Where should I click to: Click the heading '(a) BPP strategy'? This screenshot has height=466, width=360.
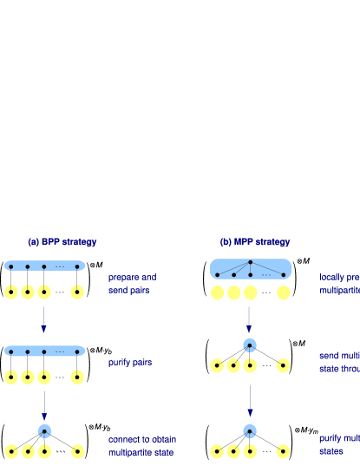pos(62,241)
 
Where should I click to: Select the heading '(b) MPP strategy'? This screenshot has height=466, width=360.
pos(255,242)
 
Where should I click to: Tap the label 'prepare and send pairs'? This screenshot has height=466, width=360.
pos(132,284)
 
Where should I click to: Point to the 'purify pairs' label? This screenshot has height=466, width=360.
pos(130,363)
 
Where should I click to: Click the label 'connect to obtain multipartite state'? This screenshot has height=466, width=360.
pos(141,446)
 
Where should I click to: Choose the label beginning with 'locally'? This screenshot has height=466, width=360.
pos(339,284)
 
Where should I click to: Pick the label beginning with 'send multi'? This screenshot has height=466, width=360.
pos(339,362)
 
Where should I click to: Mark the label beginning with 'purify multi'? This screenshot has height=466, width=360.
pos(339,444)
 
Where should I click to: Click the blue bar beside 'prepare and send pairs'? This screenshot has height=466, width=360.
pos(44,266)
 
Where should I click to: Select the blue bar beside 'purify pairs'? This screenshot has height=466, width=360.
pos(44,351)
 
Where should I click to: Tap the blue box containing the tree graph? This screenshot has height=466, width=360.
pos(251,269)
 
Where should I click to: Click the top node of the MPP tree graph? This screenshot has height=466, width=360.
pos(250,262)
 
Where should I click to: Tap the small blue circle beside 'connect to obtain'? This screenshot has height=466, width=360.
pos(44,430)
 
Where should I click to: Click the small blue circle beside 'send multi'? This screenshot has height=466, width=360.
pos(250,345)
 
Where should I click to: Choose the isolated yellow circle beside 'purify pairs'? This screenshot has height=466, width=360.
pos(77,377)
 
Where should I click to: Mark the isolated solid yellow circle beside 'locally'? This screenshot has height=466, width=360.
pos(283,292)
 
